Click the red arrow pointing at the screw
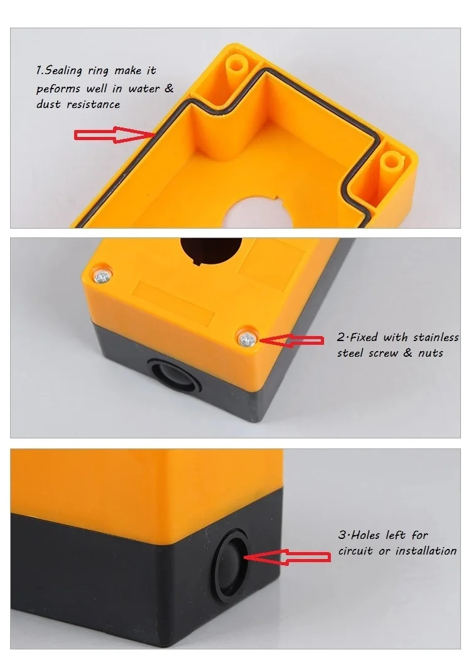coord(292,340)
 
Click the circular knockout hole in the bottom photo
coord(230,556)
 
